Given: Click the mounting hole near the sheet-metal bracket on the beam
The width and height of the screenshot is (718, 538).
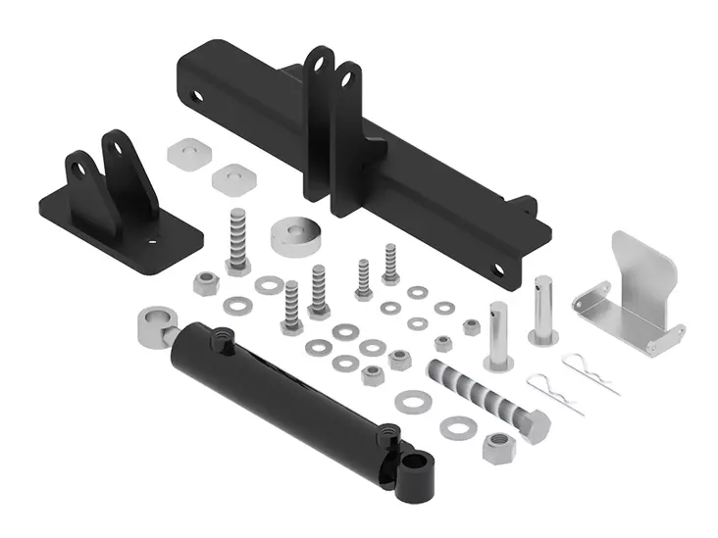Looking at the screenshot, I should point(499,269).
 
